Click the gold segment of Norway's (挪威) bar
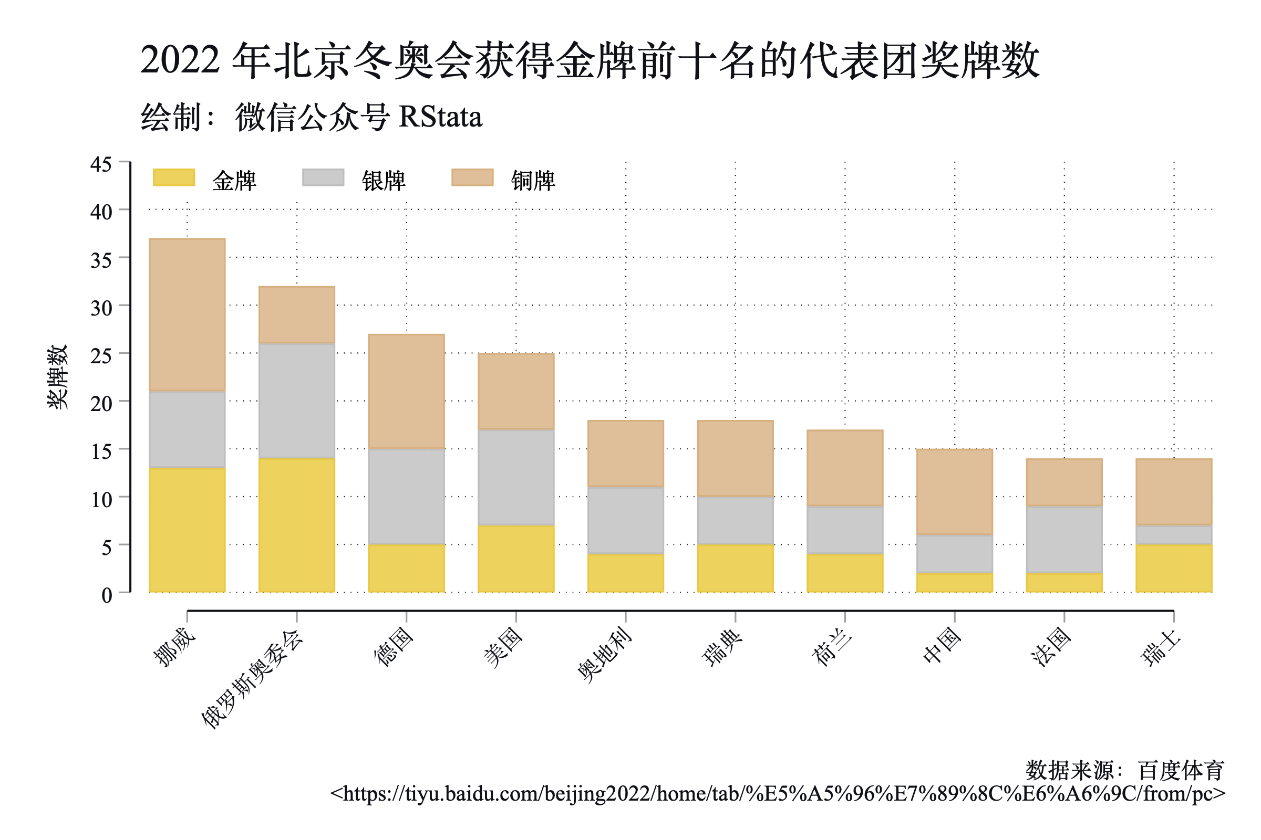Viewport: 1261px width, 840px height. coord(187,530)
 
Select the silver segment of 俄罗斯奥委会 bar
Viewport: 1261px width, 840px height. coord(296,401)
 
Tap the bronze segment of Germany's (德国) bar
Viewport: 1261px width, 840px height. coord(406,391)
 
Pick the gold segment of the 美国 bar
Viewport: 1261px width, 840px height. coord(516,559)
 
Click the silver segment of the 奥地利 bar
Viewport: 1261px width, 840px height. coord(626,520)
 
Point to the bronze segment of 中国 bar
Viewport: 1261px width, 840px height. coord(954,492)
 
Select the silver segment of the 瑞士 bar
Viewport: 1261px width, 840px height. coord(1174,534)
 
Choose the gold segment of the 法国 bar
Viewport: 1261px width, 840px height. coord(1064,583)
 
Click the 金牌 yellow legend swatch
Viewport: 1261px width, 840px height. coord(174,177)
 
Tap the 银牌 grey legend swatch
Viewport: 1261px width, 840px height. coord(323,177)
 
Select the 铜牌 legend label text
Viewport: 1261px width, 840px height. coord(533,181)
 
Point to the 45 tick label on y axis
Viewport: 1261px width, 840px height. coord(101,164)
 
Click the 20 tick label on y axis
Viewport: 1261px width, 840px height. coord(101,403)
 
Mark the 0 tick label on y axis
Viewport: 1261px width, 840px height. coord(107,595)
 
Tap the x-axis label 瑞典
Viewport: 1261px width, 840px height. coord(722,647)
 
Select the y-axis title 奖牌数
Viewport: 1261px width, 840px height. coord(58,377)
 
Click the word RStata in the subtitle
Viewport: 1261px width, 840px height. coord(440,117)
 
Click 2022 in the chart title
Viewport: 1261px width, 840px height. coord(180,59)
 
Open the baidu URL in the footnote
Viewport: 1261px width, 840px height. coord(778,793)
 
